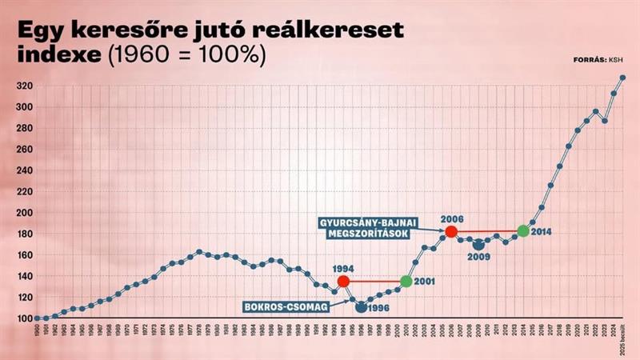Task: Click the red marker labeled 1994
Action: coord(344,282)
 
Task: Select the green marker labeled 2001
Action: coord(406,282)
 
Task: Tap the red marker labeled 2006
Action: coord(451,231)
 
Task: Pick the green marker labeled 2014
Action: coord(523,231)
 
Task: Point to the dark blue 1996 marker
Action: coord(362,306)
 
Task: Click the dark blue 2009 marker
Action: coord(478,245)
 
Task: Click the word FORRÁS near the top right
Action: coord(590,60)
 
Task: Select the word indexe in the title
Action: coord(53,55)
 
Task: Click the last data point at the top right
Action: coord(623,78)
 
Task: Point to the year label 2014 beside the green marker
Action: coord(542,232)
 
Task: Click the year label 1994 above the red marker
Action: coord(343,269)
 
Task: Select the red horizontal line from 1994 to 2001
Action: coord(375,282)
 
